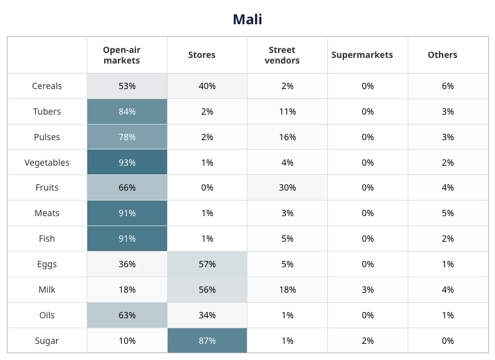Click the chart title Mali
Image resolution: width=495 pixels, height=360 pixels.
point(247,19)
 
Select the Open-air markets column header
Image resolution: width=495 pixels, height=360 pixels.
point(127,55)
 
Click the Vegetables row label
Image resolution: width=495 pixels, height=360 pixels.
point(47,163)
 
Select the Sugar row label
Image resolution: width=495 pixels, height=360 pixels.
point(47,341)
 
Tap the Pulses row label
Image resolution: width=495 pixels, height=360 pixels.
point(47,137)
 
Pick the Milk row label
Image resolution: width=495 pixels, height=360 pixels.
point(47,290)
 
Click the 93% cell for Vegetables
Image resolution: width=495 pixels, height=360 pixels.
point(127,163)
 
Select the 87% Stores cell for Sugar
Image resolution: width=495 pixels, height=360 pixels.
point(207,341)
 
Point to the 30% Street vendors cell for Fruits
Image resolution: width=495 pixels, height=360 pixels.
point(287,187)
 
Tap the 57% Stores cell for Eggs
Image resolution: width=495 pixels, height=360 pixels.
point(207,264)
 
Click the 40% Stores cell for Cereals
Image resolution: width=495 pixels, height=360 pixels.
point(207,86)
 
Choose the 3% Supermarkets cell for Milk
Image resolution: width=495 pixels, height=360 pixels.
point(368,290)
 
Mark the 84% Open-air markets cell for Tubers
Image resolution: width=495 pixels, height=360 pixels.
point(127,111)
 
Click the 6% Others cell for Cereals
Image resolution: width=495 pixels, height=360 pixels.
point(448,86)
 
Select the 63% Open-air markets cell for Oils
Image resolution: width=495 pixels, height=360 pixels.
point(127,315)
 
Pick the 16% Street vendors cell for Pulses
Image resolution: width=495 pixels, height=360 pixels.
point(287,137)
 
